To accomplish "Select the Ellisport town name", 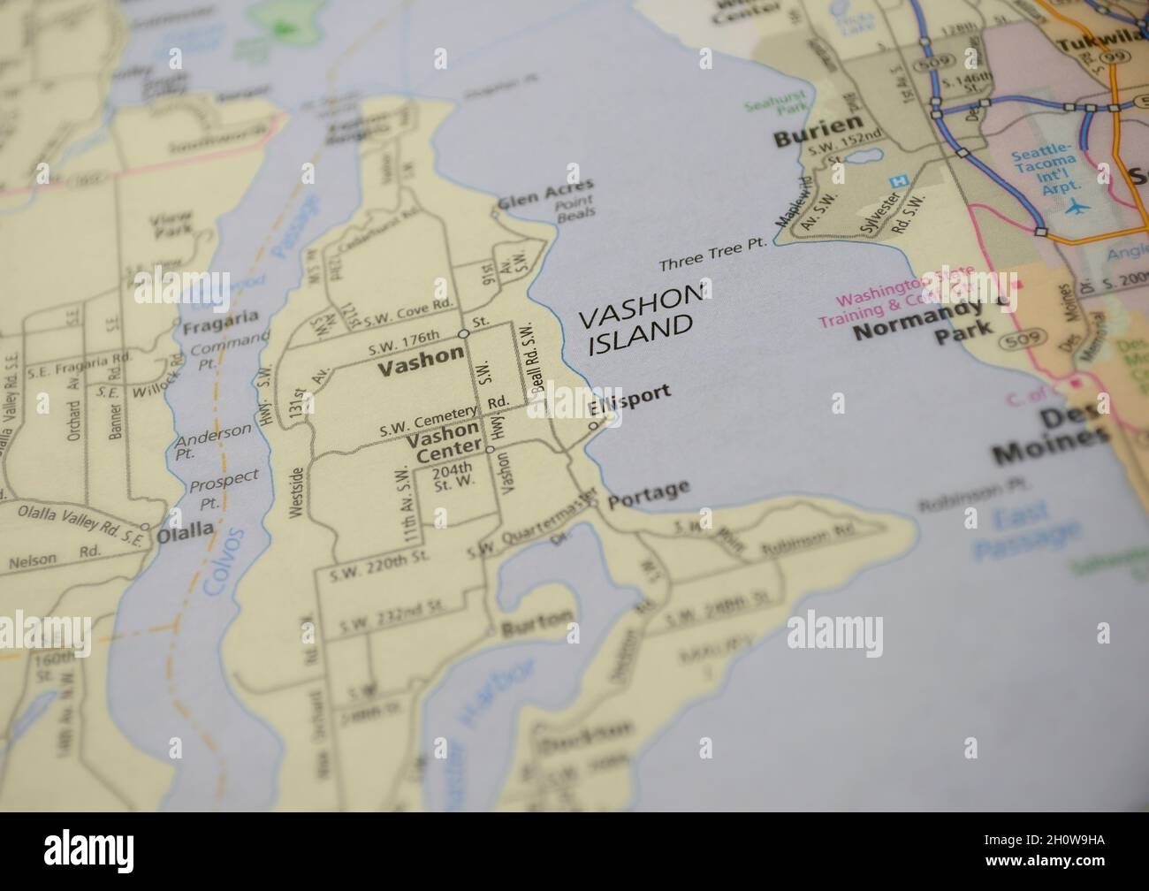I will point(629,400).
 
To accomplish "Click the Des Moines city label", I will point(1053,437).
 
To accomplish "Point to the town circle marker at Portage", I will point(594,504).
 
